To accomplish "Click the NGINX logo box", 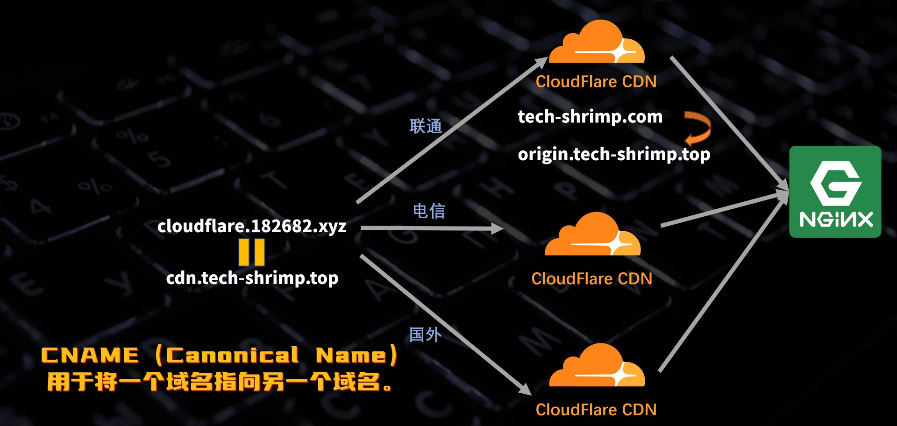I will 835,192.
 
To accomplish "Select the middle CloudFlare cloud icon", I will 592,236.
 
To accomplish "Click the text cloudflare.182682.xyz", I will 252,227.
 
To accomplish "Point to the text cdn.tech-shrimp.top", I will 252,278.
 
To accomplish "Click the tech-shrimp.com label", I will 590,117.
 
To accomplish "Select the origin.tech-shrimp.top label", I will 614,154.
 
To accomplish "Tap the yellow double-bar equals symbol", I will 252,252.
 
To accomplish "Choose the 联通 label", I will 426,126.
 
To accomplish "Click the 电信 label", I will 429,211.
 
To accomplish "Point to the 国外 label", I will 425,334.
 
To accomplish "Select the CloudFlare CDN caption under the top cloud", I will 596,82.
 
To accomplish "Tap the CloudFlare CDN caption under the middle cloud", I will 592,279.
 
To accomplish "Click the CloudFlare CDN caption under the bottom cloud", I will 596,410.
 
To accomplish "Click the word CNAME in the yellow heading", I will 90,355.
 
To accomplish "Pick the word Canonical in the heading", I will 232,355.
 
